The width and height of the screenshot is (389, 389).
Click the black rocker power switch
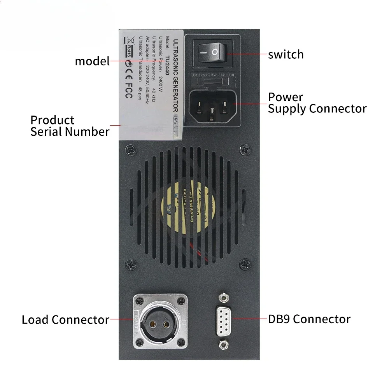(x=210, y=52)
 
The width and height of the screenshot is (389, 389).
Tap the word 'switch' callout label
(x=286, y=54)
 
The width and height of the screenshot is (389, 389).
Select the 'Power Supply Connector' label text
(x=317, y=103)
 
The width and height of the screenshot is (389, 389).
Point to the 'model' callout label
(x=92, y=61)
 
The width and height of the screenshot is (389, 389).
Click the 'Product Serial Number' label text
(x=70, y=126)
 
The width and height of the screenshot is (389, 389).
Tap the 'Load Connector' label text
(x=65, y=320)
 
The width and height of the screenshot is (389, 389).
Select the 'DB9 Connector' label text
(x=309, y=319)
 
